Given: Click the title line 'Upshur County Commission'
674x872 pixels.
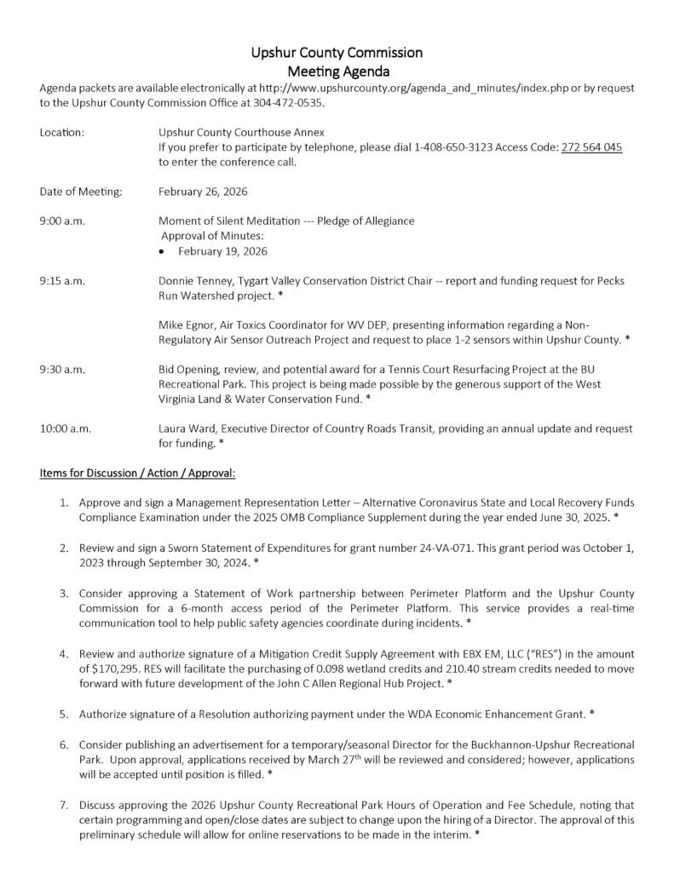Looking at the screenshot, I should click(337, 54).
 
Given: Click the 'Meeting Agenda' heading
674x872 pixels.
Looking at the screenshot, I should click(337, 72).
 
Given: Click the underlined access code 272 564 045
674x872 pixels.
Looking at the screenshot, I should click(590, 147).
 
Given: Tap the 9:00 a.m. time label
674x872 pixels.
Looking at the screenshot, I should click(61, 221).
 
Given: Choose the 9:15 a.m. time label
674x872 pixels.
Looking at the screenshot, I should click(61, 280).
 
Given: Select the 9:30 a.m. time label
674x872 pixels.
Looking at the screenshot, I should click(61, 369).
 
